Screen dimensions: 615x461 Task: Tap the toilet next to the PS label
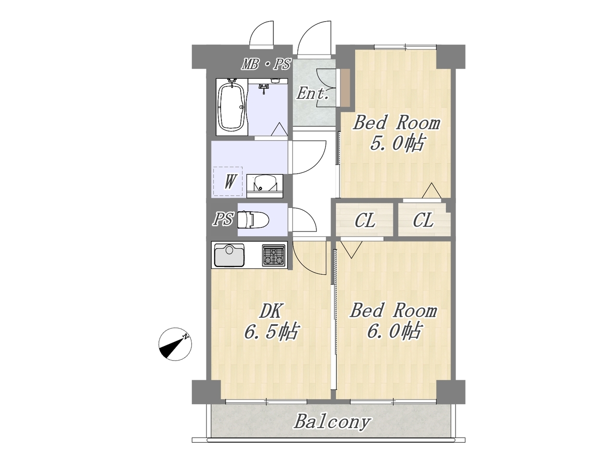pos(253,219)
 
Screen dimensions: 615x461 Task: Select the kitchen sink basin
pos(229,255)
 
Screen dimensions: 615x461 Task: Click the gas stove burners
pos(274,255)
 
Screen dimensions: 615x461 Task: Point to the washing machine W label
pos(229,182)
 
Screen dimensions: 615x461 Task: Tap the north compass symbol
pos(175,344)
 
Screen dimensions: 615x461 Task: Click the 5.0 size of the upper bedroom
pos(396,143)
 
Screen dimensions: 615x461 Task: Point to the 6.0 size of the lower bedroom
pos(394,331)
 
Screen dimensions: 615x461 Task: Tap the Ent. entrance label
pos(312,94)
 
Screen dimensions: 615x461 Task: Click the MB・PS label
pos(266,64)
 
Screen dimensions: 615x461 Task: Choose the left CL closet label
pos(365,221)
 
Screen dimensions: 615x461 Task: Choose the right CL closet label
pos(423,220)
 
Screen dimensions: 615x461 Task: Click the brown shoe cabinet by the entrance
pos(345,87)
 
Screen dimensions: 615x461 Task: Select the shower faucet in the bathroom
pos(264,88)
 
